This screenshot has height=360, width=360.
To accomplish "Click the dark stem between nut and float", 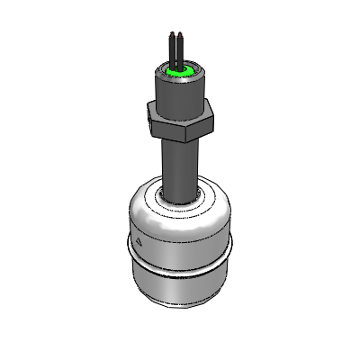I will tap(178, 162).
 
